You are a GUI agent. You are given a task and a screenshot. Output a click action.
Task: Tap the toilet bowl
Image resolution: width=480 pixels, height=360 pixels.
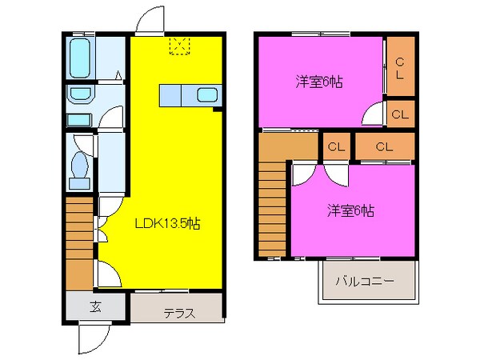point(79,166)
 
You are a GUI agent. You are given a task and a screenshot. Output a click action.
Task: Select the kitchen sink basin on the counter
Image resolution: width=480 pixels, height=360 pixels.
point(207,95)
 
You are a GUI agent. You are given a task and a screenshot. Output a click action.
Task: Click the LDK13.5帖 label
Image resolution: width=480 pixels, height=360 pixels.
point(166,225)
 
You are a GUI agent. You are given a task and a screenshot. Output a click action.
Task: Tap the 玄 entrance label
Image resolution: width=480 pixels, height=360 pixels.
point(95,306)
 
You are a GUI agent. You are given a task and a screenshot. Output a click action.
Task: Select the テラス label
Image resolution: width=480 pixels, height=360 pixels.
point(180,313)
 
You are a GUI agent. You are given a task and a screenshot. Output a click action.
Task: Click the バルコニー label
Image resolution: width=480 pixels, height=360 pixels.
point(364,282)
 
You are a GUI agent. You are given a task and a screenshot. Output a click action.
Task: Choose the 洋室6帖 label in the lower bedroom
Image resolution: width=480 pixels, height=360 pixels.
point(350,211)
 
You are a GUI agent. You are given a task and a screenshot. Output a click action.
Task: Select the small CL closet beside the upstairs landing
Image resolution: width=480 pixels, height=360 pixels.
point(335,146)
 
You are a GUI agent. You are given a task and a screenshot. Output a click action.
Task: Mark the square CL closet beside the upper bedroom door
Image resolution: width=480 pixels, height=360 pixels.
point(400,114)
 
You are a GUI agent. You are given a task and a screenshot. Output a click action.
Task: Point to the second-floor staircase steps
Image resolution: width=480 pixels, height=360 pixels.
point(272,204)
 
